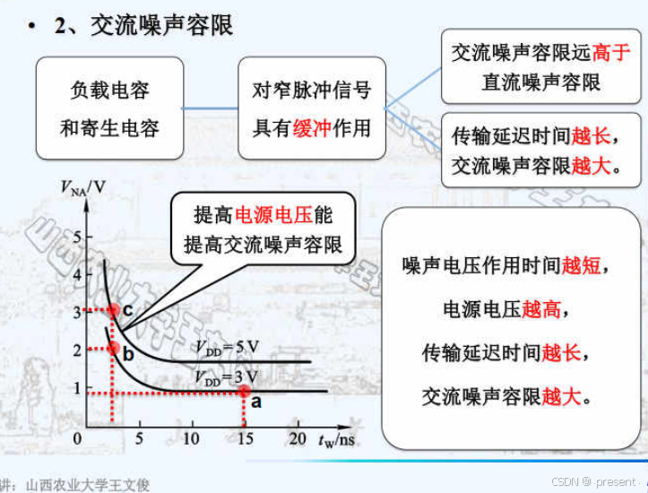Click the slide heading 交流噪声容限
click(x=161, y=25)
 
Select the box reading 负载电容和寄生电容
click(x=109, y=109)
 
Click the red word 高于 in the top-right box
click(x=611, y=52)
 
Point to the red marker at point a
click(x=244, y=391)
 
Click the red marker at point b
click(x=113, y=348)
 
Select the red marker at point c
click(x=114, y=310)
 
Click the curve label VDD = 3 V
click(x=229, y=377)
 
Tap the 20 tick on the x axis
click(x=298, y=439)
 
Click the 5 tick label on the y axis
click(x=77, y=237)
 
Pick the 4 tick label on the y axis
click(x=77, y=274)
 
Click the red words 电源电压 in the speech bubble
click(x=273, y=215)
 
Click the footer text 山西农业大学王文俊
click(x=89, y=484)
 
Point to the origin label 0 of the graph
click(x=77, y=439)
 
